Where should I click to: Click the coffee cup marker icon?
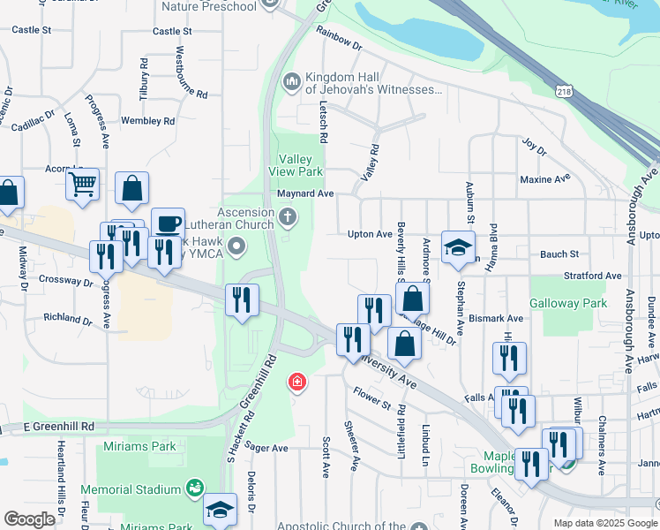[168, 223]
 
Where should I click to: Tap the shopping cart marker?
[82, 185]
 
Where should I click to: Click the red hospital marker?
[297, 382]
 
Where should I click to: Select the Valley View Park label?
[296, 165]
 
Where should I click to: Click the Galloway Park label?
[568, 303]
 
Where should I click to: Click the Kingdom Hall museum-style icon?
[292, 82]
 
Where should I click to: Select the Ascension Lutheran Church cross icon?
[288, 216]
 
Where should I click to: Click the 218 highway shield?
[565, 91]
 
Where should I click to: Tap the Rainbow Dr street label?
[339, 38]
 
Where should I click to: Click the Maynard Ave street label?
[305, 193]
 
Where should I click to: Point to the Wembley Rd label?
[147, 120]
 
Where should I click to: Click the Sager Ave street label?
[267, 448]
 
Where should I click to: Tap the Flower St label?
[371, 397]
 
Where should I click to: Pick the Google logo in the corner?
[29, 519]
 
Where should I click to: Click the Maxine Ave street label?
[544, 179]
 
